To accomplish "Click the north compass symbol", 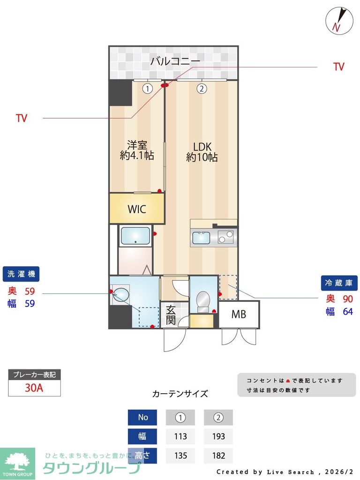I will pos(338,20).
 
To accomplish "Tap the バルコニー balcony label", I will pos(175,61).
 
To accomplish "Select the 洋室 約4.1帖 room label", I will pos(137,150).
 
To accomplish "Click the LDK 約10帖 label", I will pos(202,151).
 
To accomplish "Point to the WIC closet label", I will pos(137,209).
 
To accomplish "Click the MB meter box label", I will pos(239,315).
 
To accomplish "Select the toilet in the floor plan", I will pos(203,300).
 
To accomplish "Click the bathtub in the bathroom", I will pos(135,236).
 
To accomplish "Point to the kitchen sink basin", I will pos(201,238).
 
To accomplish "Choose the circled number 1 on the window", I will pos(148,88).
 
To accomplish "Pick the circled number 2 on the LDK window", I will pos(202,88).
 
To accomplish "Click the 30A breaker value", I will pos(34,388).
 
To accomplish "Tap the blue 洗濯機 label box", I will pos(21,273).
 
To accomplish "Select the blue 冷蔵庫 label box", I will pos(339,283).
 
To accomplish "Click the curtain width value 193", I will pos(218,436).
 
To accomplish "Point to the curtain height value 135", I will pos(180,455).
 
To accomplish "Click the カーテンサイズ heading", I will pos(180,394).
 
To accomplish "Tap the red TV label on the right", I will pos(338,67).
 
